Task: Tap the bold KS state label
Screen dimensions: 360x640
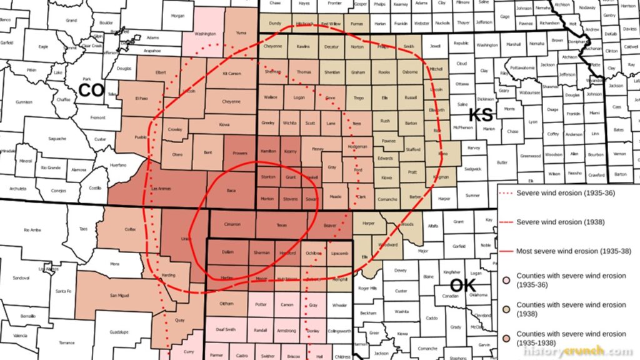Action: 481,114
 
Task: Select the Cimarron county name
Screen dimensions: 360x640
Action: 232,224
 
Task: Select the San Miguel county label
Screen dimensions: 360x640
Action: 119,295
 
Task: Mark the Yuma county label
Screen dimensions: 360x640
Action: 241,32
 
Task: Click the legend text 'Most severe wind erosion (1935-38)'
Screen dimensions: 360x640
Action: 571,251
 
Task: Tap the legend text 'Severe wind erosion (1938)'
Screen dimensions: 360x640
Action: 557,222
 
